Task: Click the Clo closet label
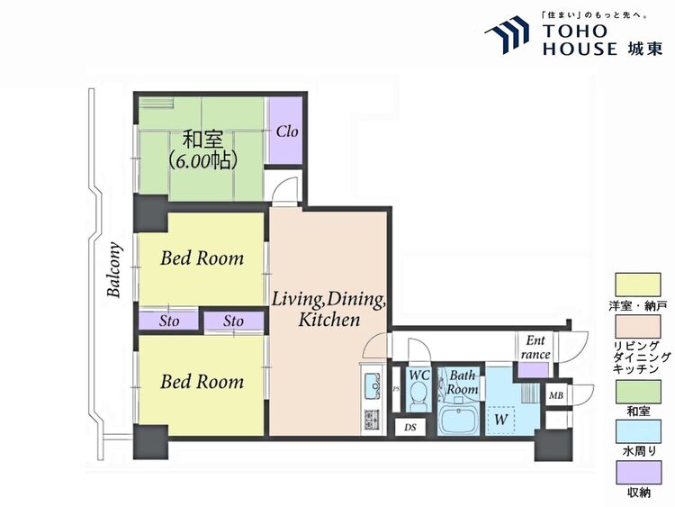287,131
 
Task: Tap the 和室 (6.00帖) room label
202,149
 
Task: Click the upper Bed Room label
202,258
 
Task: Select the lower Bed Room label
202,382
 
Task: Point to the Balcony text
114,270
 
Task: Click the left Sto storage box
169,321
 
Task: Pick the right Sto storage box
234,321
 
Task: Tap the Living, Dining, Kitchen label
328,309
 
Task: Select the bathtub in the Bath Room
458,420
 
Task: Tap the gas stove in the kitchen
370,419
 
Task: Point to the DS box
410,428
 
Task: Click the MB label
556,395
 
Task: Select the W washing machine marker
500,419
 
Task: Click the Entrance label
535,348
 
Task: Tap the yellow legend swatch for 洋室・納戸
638,285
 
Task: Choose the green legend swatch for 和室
638,392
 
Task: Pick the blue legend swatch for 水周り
638,432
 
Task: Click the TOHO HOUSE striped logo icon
507,34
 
